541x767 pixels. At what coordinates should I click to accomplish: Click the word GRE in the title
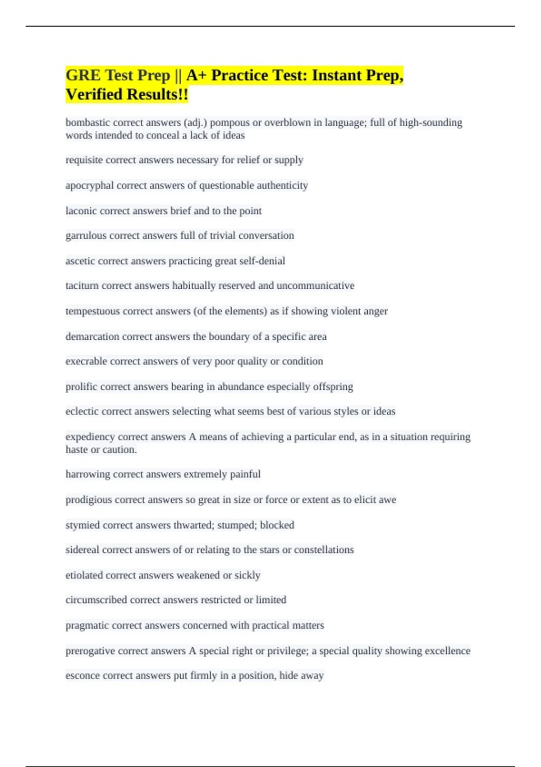tap(83, 75)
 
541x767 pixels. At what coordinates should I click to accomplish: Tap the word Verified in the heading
tap(94, 95)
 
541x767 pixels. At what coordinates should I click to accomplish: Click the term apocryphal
tap(89, 185)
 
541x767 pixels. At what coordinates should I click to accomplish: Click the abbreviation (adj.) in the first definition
tap(195, 123)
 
